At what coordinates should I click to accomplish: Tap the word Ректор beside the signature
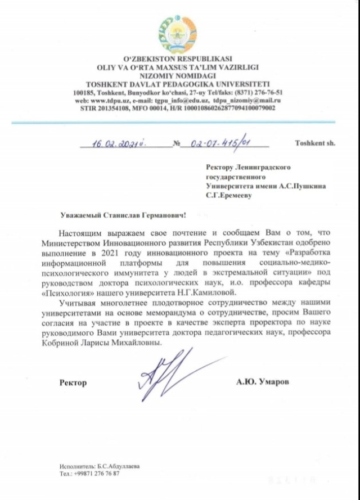[x=73, y=383]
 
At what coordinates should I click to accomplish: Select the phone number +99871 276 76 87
[x=97, y=474]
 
